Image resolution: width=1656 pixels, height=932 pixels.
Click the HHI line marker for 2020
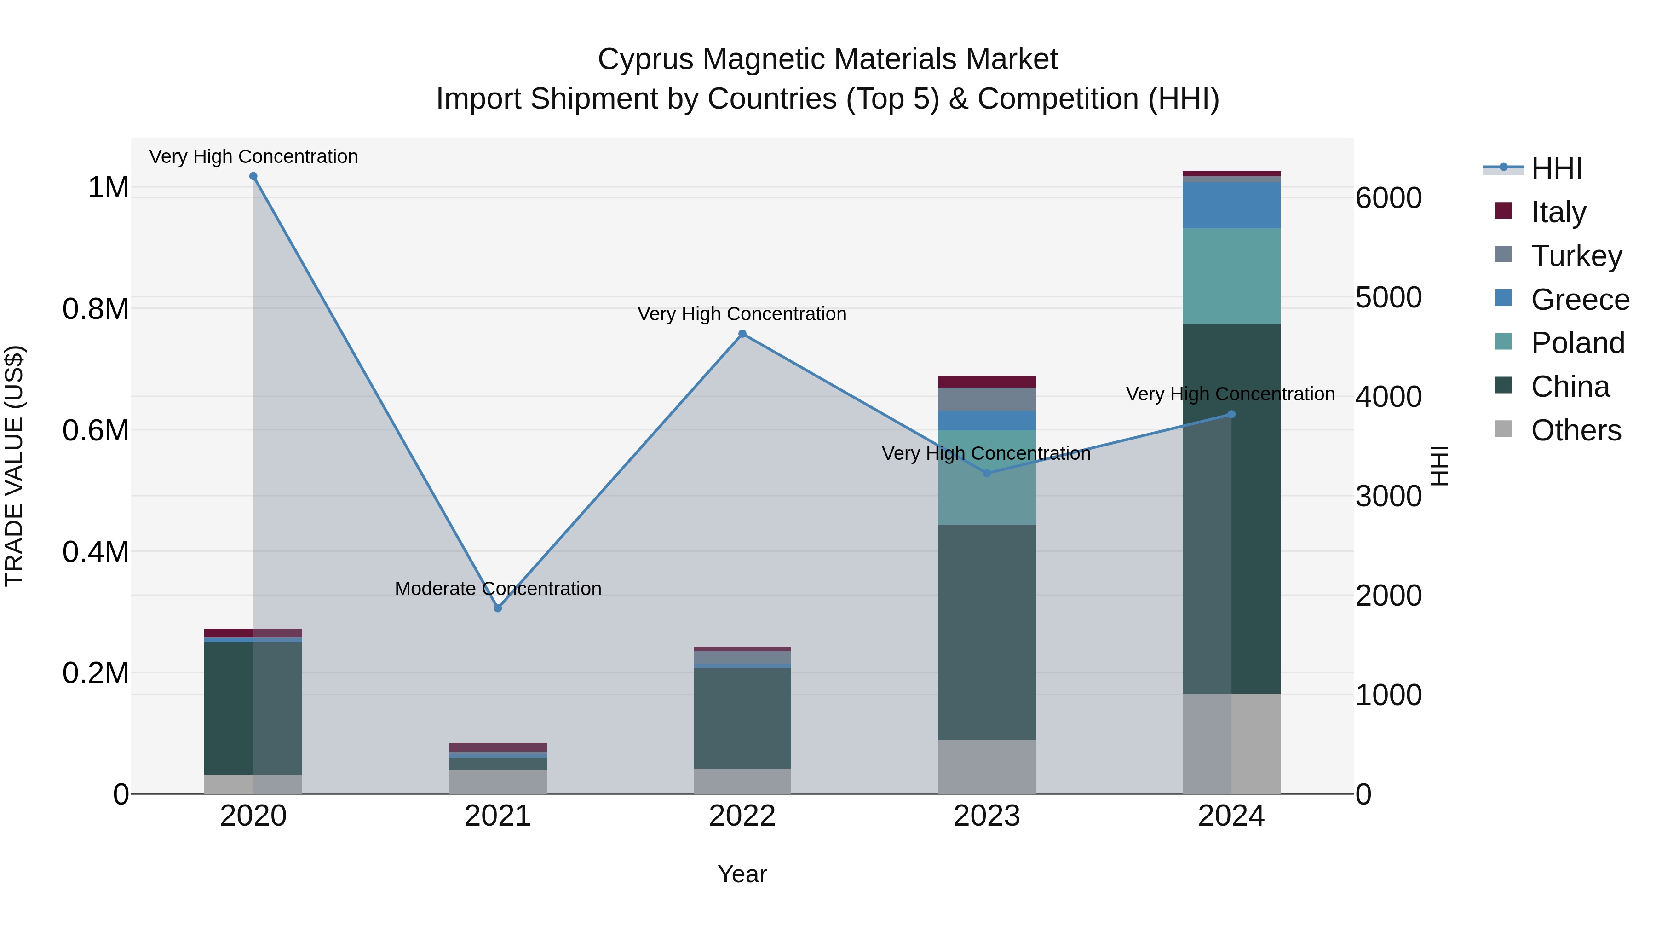click(x=253, y=176)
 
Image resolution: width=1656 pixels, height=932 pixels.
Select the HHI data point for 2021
click(x=498, y=608)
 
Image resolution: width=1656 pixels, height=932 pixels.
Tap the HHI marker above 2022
click(x=742, y=334)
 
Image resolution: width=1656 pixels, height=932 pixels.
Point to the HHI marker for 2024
click(x=1231, y=414)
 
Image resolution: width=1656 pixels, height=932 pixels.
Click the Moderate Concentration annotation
click(x=498, y=589)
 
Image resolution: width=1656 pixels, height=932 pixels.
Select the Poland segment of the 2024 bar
click(x=1231, y=276)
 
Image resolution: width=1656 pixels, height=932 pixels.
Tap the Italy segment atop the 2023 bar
click(x=987, y=382)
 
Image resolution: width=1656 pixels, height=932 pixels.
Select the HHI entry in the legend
click(x=1556, y=168)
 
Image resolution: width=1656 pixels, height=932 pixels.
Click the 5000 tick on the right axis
click(x=1389, y=297)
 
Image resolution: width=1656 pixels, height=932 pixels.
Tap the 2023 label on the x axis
click(x=987, y=816)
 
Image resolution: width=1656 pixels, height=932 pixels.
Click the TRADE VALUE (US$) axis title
click(x=14, y=466)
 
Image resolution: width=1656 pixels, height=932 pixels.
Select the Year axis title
click(x=742, y=874)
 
